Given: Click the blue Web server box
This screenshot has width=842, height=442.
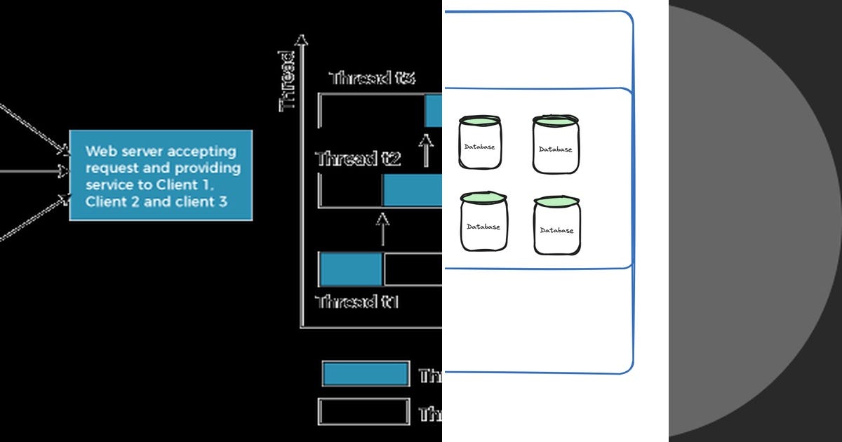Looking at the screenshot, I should (160, 175).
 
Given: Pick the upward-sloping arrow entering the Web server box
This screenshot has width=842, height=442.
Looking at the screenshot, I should (35, 216).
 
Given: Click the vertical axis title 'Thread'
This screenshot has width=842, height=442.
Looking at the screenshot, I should (288, 81).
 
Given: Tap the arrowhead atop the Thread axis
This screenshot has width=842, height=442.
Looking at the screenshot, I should (302, 41).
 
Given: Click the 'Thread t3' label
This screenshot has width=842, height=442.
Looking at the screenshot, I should (372, 78).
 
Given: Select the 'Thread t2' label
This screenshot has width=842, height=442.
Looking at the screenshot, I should (358, 159).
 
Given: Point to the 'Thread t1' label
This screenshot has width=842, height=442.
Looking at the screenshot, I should (358, 302).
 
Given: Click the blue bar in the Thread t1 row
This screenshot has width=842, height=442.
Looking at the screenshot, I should (350, 269).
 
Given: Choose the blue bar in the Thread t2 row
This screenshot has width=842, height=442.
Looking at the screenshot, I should (413, 190).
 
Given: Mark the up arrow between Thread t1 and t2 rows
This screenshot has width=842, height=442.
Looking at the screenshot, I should (382, 229).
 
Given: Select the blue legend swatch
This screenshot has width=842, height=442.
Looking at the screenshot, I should (366, 374).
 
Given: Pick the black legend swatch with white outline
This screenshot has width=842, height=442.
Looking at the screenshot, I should (363, 412).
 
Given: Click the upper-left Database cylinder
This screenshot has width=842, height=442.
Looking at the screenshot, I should (480, 142).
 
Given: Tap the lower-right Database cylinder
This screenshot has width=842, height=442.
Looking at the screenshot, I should (557, 225).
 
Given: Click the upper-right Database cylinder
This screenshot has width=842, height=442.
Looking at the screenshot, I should (556, 145).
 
